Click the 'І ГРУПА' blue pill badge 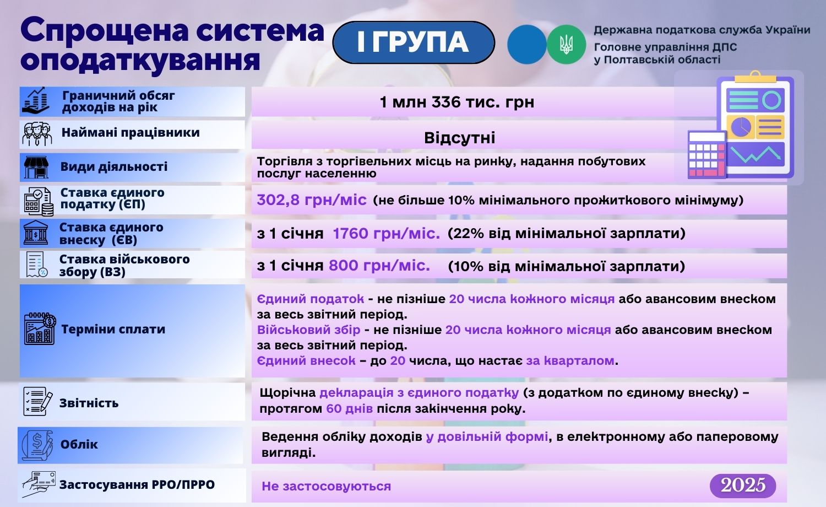[414, 42]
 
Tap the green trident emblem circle [566, 45]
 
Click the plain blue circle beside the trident [526, 45]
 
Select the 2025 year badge [743, 485]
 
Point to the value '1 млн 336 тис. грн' [457, 102]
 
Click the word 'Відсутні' [459, 138]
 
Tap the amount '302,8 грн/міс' [312, 199]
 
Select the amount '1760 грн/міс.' [387, 233]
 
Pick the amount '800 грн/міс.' [379, 265]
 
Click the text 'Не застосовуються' [326, 486]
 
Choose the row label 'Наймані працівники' [131, 132]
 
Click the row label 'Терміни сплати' [113, 329]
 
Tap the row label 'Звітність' [89, 403]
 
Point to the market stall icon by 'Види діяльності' [36, 167]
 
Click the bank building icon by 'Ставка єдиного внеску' [36, 233]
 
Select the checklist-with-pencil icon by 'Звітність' [37, 401]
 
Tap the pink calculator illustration [707, 155]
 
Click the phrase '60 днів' [350, 408]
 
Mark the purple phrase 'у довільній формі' [487, 437]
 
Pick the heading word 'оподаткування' [140, 60]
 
